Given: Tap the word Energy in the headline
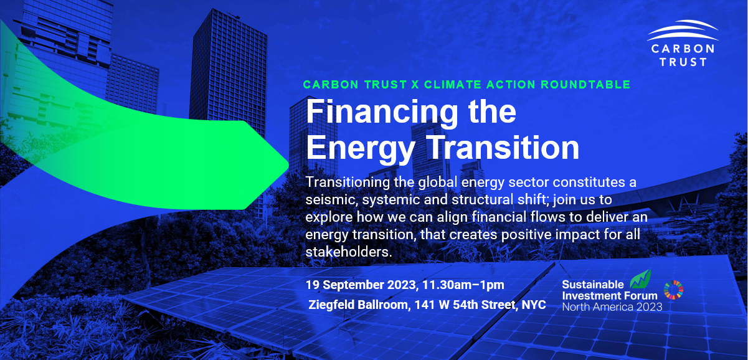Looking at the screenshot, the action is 361,149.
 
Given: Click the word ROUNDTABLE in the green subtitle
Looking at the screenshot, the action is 585,85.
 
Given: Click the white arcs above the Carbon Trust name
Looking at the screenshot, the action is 683,31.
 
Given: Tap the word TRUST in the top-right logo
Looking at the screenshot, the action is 683,62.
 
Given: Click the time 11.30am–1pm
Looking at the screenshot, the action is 463,285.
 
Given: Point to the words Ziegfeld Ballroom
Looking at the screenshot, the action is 358,305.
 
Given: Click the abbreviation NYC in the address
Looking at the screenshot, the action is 534,305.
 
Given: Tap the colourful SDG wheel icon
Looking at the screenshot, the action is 673,290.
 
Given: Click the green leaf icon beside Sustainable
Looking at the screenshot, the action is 640,280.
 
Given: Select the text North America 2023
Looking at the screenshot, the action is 612,307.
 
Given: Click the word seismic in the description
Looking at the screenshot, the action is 331,200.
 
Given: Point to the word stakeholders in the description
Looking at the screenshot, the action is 349,252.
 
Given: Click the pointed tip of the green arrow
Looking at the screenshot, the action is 288,164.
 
